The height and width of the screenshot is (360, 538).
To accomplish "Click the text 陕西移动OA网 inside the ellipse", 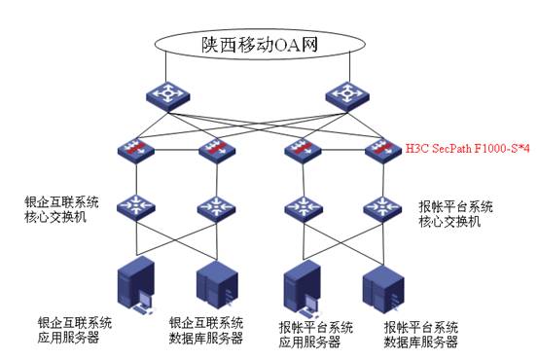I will tap(257, 45).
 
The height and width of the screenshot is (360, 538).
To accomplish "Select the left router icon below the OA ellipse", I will tap(161, 95).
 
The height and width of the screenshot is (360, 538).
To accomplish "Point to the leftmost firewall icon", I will tap(132, 151).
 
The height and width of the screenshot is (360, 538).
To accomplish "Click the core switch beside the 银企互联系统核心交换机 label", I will tap(132, 207).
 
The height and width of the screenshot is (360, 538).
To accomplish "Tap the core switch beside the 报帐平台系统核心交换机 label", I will tap(380, 207).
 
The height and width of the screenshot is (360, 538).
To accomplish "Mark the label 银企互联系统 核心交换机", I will tap(61, 212).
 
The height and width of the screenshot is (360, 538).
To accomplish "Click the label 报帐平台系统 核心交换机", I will tap(456, 214).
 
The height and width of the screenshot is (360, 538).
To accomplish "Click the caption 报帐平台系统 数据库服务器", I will tap(423, 335).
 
